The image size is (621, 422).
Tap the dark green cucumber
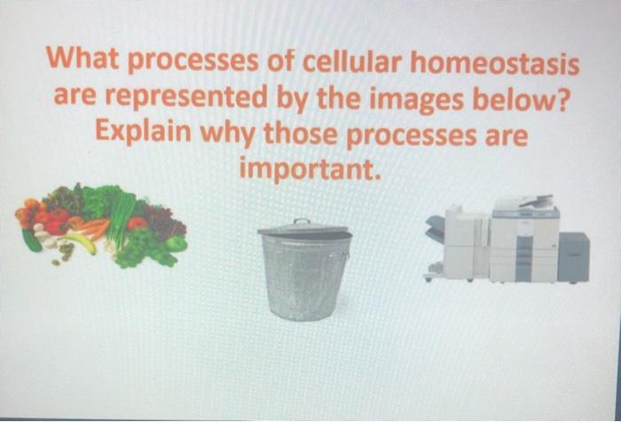[x=32, y=240]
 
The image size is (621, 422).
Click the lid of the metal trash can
[x=304, y=231]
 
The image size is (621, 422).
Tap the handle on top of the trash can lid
[x=303, y=222]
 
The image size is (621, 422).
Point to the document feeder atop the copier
[x=524, y=202]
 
